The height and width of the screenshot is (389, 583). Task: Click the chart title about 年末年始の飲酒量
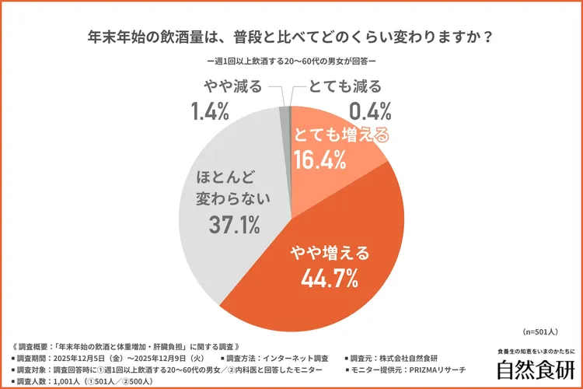click(291, 37)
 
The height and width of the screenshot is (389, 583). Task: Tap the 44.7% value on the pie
click(325, 277)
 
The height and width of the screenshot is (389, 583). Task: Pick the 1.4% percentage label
click(208, 111)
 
